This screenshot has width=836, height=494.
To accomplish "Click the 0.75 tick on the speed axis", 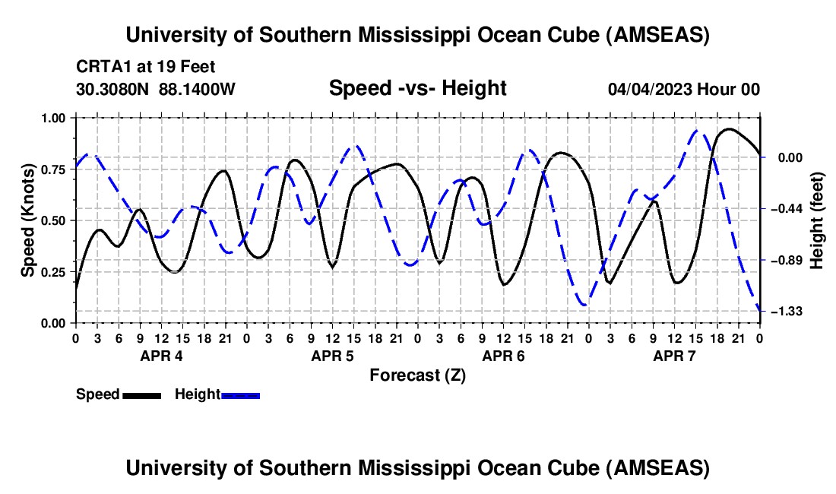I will tap(52, 169).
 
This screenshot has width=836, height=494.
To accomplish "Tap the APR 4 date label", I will tap(160, 356).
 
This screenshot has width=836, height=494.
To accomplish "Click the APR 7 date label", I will tap(674, 356).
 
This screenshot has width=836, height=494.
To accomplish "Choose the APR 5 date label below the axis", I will tap(332, 356).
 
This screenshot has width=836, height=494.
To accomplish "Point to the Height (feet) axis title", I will tap(817, 220).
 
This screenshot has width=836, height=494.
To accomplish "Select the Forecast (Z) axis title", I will tap(417, 375).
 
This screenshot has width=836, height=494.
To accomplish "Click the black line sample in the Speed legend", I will tap(141, 394).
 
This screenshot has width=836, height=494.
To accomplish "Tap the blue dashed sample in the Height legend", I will tap(240, 394).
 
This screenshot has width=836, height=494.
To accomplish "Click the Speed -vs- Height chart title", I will tap(417, 89).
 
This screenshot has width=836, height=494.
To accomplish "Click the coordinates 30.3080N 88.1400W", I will tap(156, 89).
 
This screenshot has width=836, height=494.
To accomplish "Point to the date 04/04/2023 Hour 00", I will tap(683, 89).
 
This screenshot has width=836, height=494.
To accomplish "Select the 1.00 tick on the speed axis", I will tap(52, 118).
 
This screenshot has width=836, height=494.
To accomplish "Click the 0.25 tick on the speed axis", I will tap(52, 271).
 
